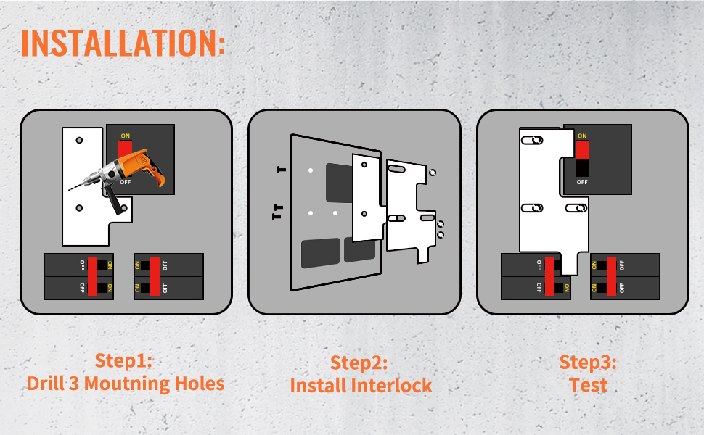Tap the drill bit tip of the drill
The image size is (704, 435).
click(70, 189)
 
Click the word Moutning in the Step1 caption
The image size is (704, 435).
click(127, 384)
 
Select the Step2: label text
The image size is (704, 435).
click(359, 362)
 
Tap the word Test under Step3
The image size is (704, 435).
click(588, 385)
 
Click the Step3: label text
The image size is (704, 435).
click(588, 362)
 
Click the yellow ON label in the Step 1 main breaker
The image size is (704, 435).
click(126, 136)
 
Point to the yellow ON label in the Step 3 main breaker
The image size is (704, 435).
click(582, 136)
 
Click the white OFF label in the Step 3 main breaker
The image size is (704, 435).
click(582, 182)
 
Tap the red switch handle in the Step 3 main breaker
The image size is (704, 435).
click(582, 150)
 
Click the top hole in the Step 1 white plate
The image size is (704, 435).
click(79, 141)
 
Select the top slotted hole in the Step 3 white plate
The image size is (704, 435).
click(532, 141)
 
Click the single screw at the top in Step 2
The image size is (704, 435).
click(282, 170)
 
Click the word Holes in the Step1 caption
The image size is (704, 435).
click(200, 384)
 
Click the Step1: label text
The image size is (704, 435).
click(123, 360)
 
